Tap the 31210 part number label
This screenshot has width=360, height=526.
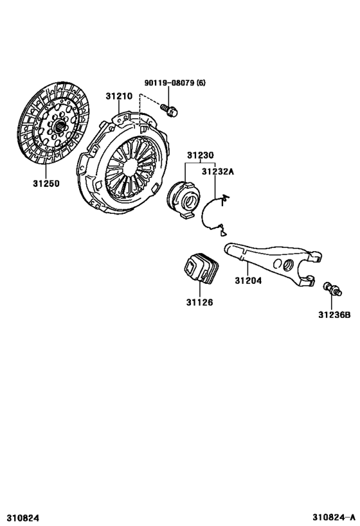tap(119, 96)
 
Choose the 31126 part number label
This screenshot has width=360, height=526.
tap(200, 302)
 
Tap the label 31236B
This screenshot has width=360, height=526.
tap(334, 315)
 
